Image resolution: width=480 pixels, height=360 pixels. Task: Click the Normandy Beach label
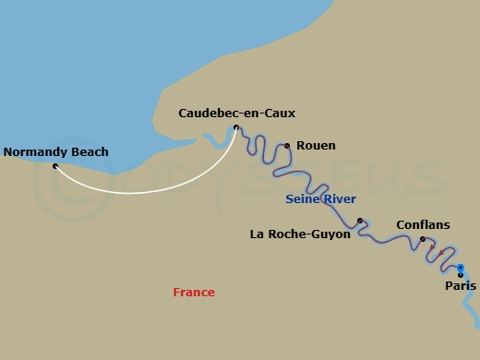56,152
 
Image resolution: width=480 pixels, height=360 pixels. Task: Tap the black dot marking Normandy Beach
55,166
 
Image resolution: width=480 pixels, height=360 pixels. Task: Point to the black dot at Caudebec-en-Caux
236,127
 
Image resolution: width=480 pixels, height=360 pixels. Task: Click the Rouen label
316,146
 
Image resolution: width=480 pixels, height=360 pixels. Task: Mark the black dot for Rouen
287,146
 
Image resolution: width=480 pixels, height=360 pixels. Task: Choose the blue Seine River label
321,199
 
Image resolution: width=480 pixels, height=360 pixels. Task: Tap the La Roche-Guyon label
300,234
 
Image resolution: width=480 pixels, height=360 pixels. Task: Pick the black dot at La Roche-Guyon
360,222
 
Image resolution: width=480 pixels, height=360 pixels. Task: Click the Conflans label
423,224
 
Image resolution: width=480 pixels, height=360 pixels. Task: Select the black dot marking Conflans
423,240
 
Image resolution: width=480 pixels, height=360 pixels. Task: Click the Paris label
461,287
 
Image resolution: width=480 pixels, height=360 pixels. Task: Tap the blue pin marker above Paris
461,269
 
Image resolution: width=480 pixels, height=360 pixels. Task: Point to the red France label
194,293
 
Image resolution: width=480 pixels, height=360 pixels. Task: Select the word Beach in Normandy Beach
90,152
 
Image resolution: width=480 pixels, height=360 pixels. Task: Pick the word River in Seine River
340,199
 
